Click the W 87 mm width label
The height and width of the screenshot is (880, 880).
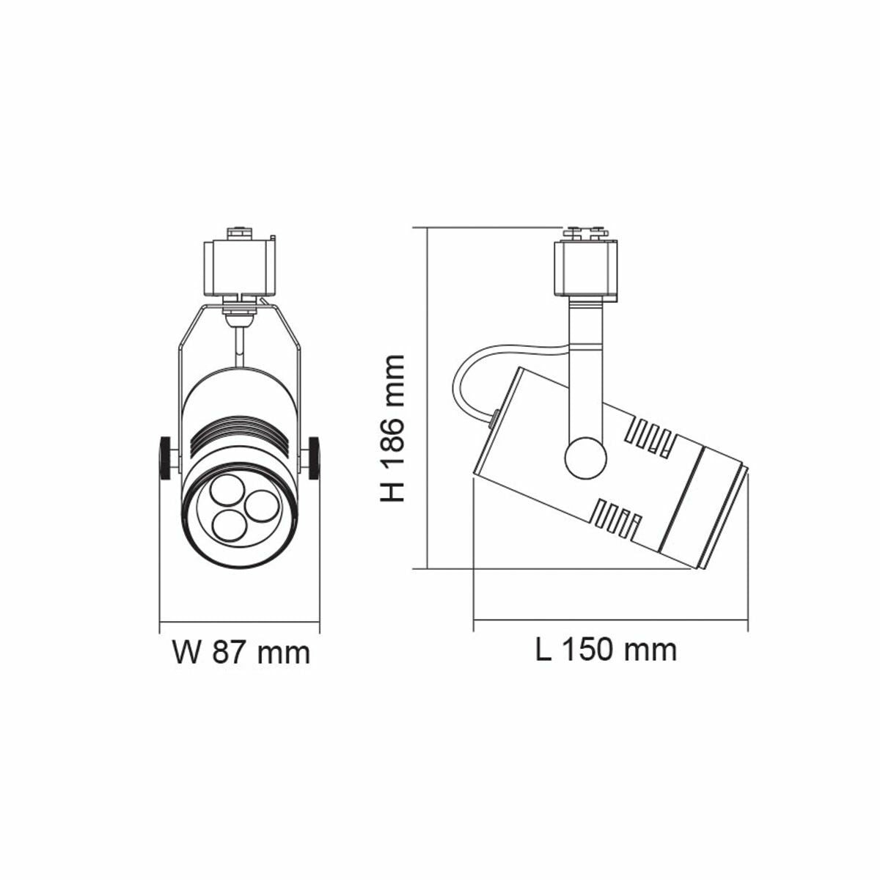(x=241, y=651)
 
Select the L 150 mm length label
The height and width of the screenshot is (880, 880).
(x=606, y=649)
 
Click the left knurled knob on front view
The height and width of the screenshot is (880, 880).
(x=166, y=458)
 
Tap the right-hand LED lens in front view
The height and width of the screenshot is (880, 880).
(x=257, y=504)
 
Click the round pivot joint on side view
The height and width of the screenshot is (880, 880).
(x=586, y=459)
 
